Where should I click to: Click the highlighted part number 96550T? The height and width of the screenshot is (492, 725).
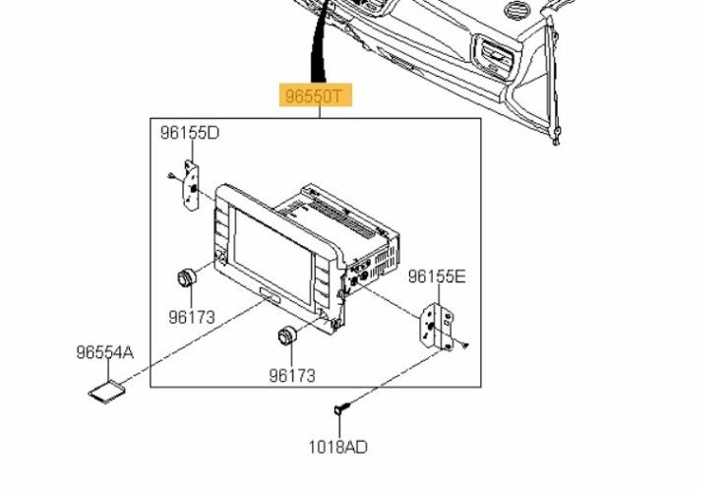(x=315, y=95)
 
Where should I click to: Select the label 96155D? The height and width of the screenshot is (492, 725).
(x=190, y=133)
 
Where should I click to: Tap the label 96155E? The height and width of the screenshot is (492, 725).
(x=437, y=277)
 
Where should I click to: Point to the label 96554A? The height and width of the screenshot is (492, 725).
(x=105, y=352)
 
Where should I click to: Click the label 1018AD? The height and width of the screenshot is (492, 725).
(x=338, y=447)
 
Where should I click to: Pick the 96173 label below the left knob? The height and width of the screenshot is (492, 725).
(x=192, y=317)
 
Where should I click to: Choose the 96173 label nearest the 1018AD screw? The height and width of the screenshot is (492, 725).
(x=292, y=375)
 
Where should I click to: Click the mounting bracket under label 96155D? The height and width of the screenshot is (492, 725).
(x=191, y=185)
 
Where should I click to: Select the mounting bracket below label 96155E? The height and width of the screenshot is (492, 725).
(x=437, y=327)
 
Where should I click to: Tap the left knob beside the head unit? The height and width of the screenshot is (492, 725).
(x=187, y=277)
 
